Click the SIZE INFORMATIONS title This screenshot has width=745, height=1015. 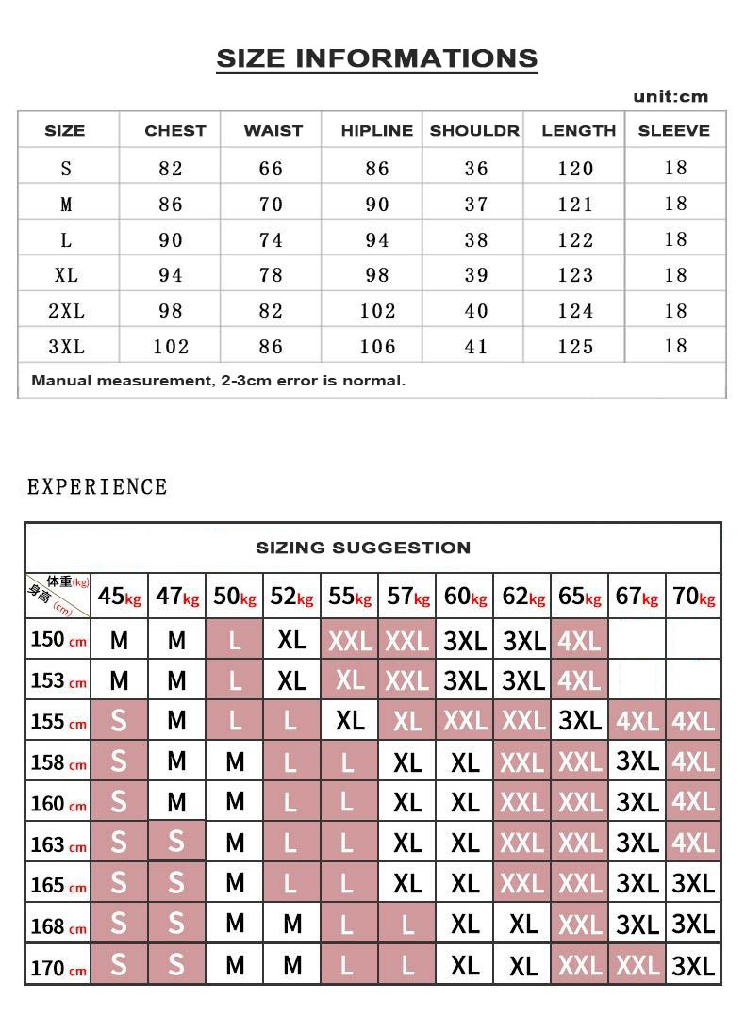click(x=377, y=58)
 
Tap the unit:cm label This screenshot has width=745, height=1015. click(x=670, y=96)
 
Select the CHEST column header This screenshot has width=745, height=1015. click(x=174, y=131)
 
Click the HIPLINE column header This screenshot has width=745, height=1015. click(x=376, y=131)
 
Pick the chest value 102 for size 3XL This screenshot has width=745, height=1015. click(x=171, y=347)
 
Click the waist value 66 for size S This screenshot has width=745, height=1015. click(x=271, y=169)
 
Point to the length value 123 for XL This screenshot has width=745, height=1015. click(x=575, y=275)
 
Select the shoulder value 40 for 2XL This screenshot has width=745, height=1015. click(x=476, y=311)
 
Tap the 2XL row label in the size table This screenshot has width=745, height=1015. click(x=66, y=311)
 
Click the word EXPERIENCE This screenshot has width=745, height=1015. click(x=97, y=487)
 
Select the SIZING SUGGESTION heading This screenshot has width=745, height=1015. click(x=363, y=548)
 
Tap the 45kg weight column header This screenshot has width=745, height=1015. click(x=120, y=597)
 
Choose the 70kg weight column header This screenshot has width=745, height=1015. click(x=693, y=597)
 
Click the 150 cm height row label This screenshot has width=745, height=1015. click(x=58, y=640)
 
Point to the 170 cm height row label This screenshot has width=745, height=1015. click(x=58, y=967)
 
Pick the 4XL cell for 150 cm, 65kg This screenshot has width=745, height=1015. click(x=579, y=641)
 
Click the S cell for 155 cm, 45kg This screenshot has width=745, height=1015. click(x=119, y=721)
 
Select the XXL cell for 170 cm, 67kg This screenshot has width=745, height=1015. click(x=637, y=966)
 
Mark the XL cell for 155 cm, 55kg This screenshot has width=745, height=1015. click(x=350, y=721)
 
